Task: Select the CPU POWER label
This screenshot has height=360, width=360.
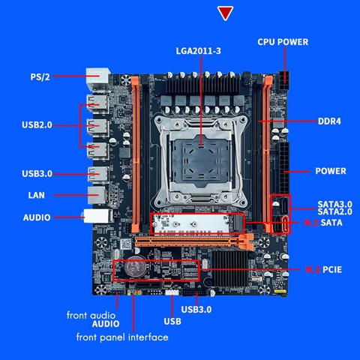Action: (283, 42)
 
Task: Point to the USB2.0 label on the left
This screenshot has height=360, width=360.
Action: (37, 124)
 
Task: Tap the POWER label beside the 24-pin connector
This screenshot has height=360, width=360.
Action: (330, 171)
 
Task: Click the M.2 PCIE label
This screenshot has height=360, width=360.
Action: (323, 268)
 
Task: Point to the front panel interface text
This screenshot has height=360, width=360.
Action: (122, 337)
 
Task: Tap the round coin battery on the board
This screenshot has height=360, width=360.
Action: (135, 265)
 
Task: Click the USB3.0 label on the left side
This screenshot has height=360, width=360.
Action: (37, 174)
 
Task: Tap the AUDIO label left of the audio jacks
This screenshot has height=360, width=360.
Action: (37, 217)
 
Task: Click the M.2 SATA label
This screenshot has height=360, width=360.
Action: (323, 223)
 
